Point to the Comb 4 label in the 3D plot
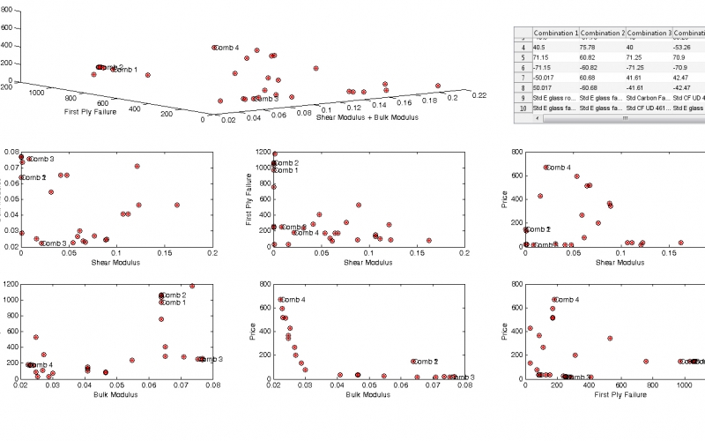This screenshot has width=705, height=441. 226,47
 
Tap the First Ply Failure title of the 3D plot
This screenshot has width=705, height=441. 92,112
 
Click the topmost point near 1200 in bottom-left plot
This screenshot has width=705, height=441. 192,286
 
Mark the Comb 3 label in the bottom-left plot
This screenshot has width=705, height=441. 212,359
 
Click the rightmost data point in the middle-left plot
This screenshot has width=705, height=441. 177,205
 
